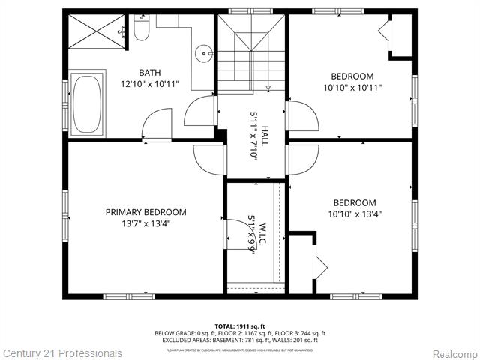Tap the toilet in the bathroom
(143, 28)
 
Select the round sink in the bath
(204, 54)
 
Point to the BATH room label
(149, 73)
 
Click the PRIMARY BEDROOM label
(145, 212)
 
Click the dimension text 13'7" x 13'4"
(145, 223)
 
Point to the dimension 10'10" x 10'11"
(352, 87)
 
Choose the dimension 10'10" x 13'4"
(354, 214)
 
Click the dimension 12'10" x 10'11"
(149, 84)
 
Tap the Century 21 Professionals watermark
(61, 352)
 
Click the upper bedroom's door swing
(302, 116)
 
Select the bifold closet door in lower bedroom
(321, 265)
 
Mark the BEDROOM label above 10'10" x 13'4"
(354, 202)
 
